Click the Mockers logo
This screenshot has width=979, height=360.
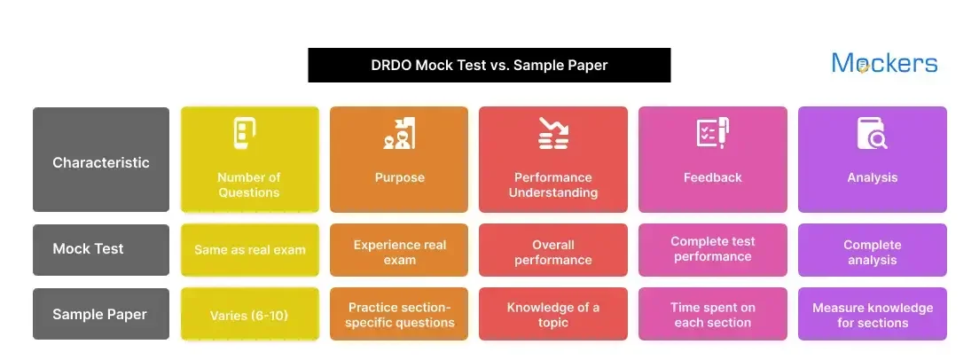884,63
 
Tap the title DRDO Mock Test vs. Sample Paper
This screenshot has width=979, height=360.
489,65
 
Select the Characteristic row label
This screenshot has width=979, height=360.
101,162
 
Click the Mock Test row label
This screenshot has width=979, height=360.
101,249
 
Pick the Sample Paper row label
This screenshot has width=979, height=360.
101,314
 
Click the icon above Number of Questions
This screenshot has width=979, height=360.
248,134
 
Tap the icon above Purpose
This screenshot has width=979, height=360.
399,134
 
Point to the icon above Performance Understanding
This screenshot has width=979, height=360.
553,133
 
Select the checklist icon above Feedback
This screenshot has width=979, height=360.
712,133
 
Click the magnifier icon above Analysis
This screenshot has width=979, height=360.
872,134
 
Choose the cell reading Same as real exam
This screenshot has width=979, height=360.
250,250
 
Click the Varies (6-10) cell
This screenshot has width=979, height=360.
250,315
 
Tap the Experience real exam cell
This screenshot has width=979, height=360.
399,252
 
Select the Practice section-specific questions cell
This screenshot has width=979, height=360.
399,315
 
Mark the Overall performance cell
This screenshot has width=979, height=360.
553,252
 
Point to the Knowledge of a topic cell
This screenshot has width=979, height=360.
553,315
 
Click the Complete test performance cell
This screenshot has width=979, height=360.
712,249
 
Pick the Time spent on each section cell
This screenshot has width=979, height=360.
712,315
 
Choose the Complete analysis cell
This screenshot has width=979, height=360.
872,252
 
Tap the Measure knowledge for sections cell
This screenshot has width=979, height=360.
872,315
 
